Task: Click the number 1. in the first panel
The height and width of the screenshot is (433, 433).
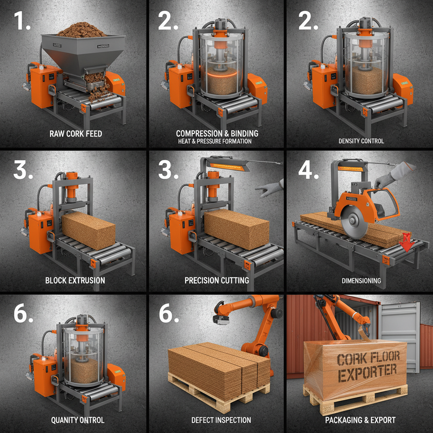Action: coord(22,21)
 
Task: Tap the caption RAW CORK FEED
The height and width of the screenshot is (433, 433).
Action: coord(76,134)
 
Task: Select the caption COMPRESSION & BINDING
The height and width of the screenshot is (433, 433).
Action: coord(217,133)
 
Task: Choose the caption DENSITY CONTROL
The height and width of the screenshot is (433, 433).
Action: coord(361,141)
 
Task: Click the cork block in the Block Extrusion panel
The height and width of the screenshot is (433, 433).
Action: coord(89,230)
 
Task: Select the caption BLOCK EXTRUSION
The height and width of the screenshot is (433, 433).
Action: coord(75,280)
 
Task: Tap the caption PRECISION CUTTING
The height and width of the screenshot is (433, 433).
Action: coord(217,280)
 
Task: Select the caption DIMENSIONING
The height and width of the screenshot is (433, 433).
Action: coord(361,280)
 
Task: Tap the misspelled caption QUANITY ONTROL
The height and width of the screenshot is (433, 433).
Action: coord(77,420)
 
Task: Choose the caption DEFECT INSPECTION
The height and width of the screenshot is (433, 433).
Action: coord(221,420)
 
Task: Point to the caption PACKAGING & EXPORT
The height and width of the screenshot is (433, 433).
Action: coord(360,420)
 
